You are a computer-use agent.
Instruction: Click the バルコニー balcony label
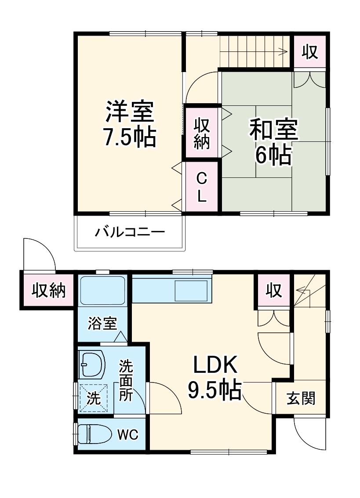[130, 231]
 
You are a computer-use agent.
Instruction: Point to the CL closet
[201, 187]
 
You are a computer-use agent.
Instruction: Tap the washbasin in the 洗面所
[92, 363]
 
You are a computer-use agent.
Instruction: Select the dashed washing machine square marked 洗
[93, 397]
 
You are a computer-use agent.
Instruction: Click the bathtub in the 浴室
[102, 290]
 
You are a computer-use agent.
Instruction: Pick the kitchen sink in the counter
[191, 290]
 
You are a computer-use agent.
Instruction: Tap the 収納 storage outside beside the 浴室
[48, 290]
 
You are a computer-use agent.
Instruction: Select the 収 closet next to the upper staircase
[310, 52]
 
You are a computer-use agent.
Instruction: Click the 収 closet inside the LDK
[273, 290]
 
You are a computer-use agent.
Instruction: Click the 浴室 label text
[102, 324]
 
